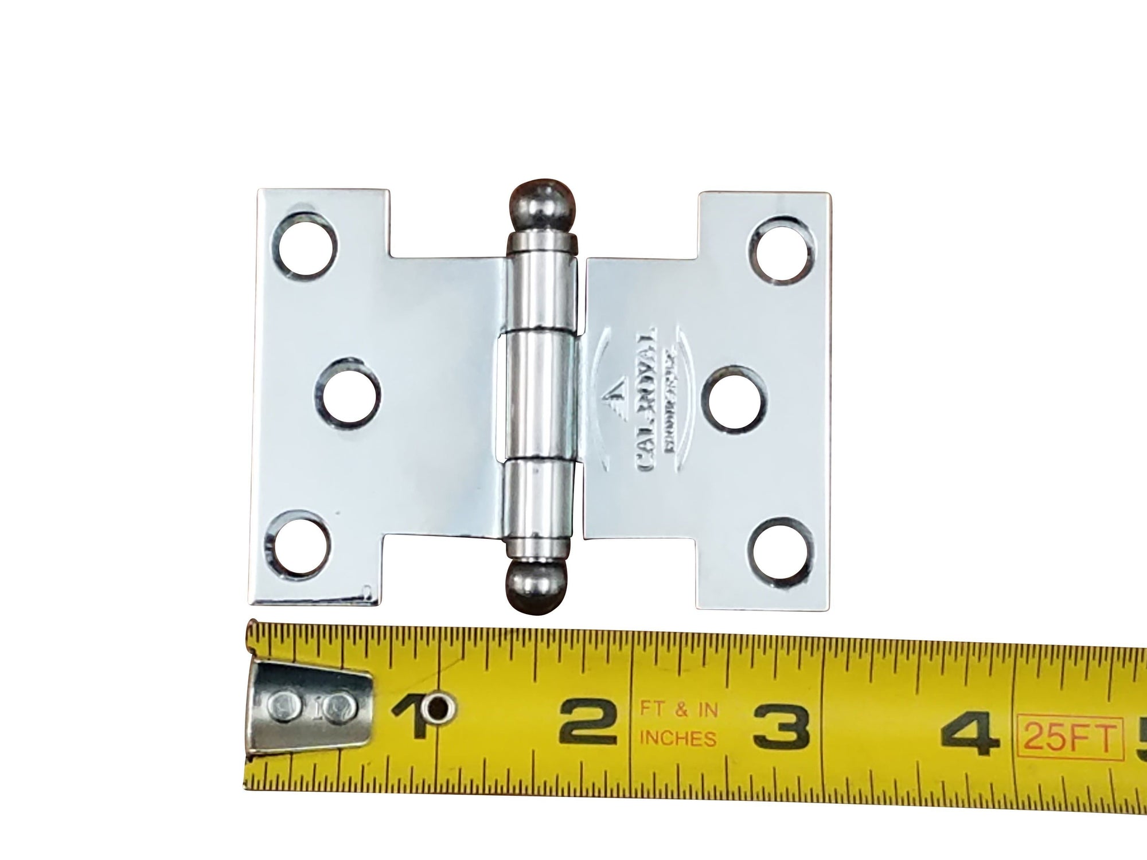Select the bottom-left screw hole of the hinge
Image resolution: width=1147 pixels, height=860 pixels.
(x=298, y=541)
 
